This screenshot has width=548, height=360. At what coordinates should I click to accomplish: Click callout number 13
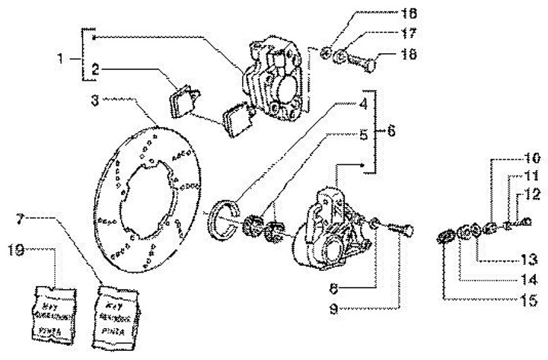click(525, 257)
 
